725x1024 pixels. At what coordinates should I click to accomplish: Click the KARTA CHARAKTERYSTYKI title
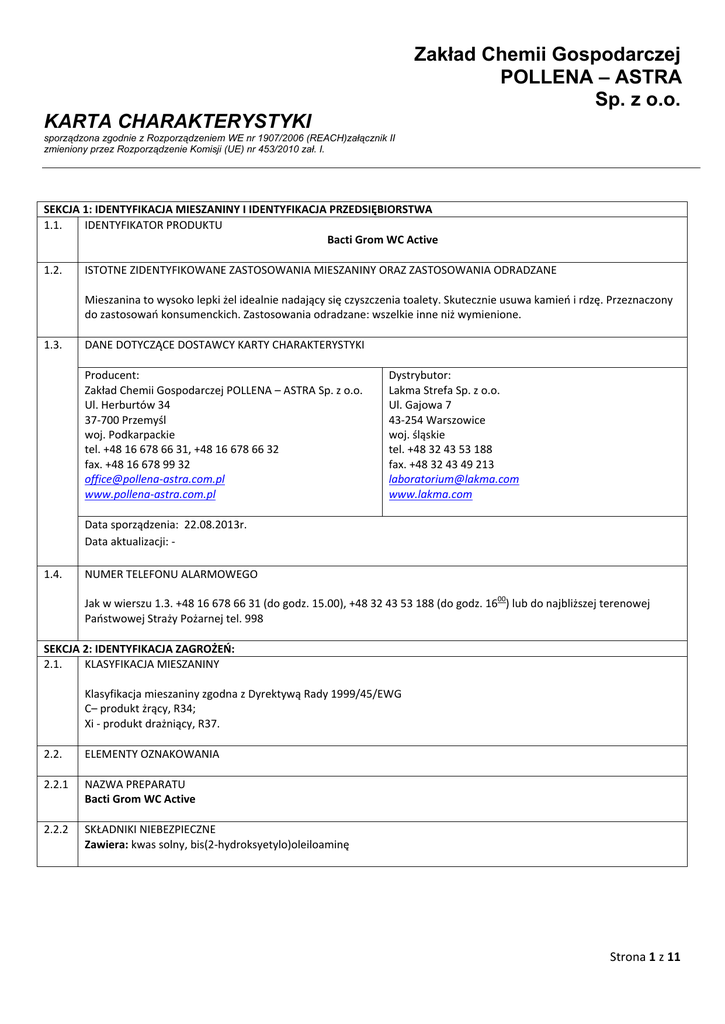(178, 121)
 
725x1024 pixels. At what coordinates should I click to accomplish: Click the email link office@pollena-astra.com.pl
(154, 479)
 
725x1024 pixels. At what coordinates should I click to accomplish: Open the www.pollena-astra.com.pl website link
(150, 494)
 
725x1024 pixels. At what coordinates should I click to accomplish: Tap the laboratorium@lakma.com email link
(453, 479)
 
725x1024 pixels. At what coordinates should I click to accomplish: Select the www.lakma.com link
(430, 494)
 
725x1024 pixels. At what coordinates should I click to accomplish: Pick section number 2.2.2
(56, 830)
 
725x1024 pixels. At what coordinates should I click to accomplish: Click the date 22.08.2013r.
(215, 524)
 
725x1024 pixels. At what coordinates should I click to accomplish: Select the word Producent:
(112, 375)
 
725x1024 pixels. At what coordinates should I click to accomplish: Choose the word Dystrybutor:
(419, 375)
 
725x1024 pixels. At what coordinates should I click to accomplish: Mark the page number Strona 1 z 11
(645, 957)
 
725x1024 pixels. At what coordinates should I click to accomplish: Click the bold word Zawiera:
(106, 845)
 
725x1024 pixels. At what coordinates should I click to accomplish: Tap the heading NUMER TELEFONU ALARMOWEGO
(171, 574)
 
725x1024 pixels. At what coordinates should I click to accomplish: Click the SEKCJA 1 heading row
(238, 210)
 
